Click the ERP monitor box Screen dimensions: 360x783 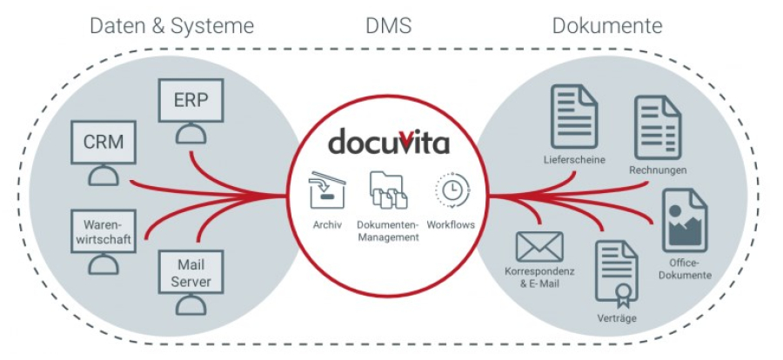[191, 100]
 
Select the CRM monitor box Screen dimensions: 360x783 [104, 142]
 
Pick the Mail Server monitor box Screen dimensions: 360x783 [191, 271]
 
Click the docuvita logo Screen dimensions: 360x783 [389, 142]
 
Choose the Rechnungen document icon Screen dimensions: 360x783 [657, 128]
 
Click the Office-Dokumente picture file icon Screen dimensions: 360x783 [685, 220]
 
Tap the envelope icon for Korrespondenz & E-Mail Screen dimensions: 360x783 [539, 247]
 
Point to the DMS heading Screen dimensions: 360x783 [388, 26]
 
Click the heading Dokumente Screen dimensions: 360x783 [608, 26]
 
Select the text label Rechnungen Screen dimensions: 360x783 [658, 170]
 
